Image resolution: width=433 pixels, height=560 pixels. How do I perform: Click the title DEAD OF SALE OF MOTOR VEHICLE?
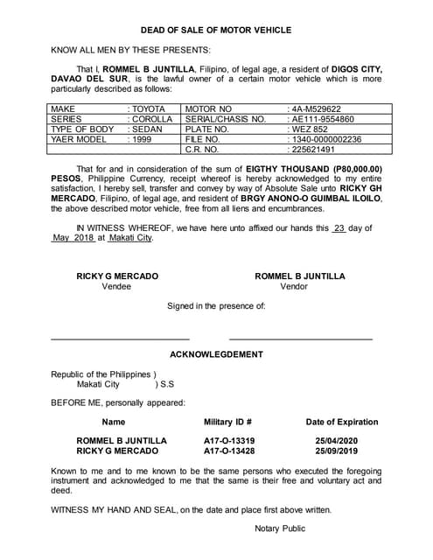coord(215,30)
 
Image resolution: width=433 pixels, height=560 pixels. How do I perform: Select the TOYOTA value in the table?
coord(149,108)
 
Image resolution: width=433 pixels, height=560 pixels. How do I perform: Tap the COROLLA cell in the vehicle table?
coord(152,119)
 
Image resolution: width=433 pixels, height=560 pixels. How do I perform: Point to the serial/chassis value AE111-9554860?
coord(322,119)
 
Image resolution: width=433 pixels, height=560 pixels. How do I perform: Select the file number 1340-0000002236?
coord(325,139)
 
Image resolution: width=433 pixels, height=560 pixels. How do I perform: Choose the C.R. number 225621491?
coord(312,149)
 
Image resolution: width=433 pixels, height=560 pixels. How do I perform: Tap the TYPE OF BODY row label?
coord(82,129)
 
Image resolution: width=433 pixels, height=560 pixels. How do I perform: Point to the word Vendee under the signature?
coord(117,286)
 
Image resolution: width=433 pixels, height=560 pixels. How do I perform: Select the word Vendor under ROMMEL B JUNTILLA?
coord(294,286)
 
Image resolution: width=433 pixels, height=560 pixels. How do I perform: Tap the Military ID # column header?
coord(228,422)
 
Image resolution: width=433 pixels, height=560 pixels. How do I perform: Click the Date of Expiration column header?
coord(342,422)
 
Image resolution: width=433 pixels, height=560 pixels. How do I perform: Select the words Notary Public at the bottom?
coord(280,528)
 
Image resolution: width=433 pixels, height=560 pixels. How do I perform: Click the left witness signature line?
coord(120,338)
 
